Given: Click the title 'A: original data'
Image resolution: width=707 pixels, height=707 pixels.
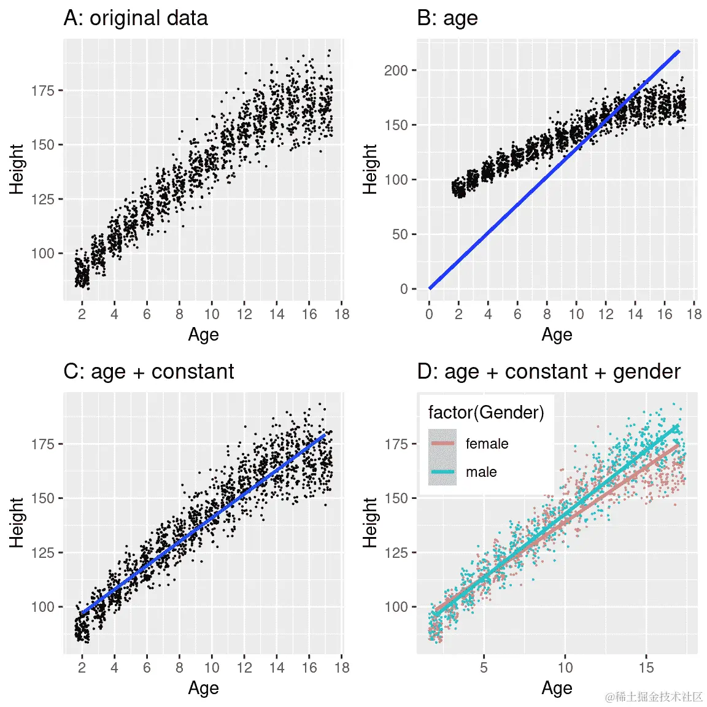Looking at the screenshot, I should [136, 18].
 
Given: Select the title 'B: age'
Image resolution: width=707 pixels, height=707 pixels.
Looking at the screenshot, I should [447, 18].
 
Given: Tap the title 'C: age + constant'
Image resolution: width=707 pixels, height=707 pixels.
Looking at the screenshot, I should [149, 372].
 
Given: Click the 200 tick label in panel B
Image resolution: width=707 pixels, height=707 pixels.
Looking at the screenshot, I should [396, 71].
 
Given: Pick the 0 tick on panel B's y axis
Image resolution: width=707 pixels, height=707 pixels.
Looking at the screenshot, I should [404, 289].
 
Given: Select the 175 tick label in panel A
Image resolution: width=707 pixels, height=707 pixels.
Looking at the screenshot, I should [43, 91].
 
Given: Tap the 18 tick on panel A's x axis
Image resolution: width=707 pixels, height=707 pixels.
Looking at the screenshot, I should [342, 314].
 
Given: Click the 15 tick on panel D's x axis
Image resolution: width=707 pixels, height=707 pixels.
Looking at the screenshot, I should [646, 668].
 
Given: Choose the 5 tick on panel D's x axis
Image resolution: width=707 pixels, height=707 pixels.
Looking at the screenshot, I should [484, 668].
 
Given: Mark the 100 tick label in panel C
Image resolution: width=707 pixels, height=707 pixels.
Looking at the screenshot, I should [43, 607].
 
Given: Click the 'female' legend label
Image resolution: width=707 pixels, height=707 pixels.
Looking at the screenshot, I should [487, 444].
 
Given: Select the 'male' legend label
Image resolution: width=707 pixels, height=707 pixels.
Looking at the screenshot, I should [481, 472].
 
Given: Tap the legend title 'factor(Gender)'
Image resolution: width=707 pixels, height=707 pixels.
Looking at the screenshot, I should [486, 412].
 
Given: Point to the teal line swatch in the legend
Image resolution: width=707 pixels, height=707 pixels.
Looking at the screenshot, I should [442, 472].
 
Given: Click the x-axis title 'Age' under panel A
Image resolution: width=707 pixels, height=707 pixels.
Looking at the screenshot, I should [203, 335].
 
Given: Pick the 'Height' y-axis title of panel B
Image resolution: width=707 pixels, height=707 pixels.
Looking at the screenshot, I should [370, 169].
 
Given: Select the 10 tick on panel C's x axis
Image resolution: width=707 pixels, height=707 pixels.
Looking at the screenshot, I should [212, 668].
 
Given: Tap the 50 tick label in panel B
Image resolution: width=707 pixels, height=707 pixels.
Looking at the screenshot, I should [400, 234].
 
